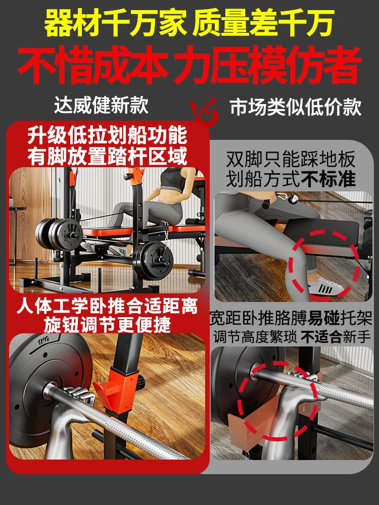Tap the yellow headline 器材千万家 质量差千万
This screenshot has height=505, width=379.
[189, 23]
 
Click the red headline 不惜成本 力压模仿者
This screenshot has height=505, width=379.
[189, 65]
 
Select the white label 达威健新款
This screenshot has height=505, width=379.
[101, 105]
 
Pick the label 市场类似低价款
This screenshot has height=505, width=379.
[296, 107]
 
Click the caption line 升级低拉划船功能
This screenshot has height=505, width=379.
[107, 135]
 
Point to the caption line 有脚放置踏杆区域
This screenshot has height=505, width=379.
[107, 156]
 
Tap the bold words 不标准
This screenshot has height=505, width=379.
[328, 179]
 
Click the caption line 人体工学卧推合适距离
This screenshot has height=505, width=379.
[107, 306]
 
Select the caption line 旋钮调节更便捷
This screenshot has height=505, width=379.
[107, 325]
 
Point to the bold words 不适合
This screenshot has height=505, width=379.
[321, 337]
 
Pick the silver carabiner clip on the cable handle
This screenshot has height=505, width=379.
[282, 196]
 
